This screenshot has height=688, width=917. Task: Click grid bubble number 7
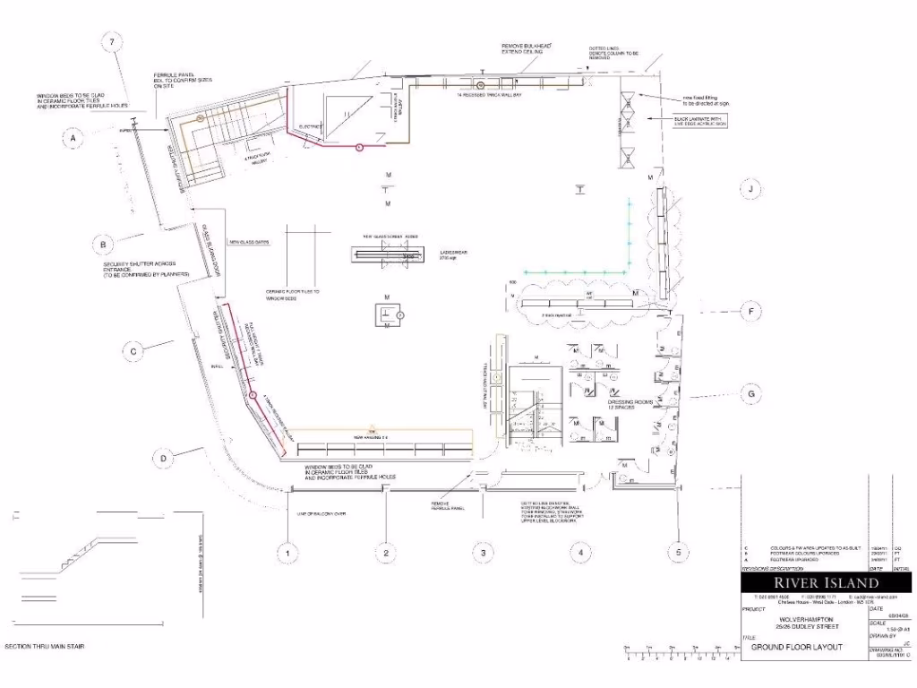pyautogui.click(x=112, y=43)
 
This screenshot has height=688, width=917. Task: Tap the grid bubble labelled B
pyautogui.click(x=104, y=243)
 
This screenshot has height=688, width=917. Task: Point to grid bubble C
pyautogui.click(x=133, y=351)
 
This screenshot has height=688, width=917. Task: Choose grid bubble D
pyautogui.click(x=164, y=459)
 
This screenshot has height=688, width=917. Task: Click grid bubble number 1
pyautogui.click(x=287, y=554)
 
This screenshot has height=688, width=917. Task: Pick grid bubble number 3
pyautogui.click(x=483, y=554)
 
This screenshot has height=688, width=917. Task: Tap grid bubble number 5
pyautogui.click(x=679, y=554)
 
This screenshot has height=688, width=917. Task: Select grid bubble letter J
pyautogui.click(x=752, y=188)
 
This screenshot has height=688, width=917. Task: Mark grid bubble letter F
pyautogui.click(x=752, y=312)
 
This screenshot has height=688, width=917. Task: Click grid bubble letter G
pyautogui.click(x=752, y=393)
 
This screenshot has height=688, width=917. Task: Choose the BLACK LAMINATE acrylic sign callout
pyautogui.click(x=701, y=120)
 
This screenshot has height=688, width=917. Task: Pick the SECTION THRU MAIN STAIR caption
pyautogui.click(x=45, y=647)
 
